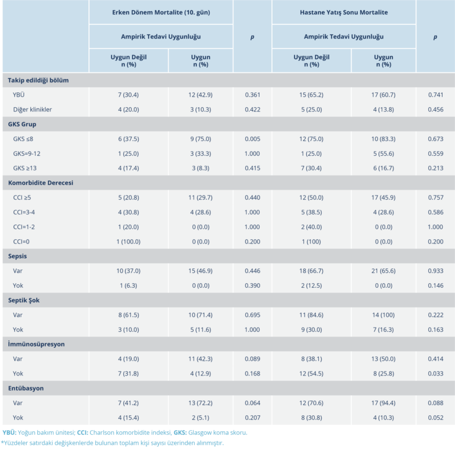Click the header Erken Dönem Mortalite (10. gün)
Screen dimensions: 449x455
coord(161,12)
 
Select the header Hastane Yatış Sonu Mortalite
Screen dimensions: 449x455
coord(344,12)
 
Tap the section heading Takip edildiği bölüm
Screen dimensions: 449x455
coord(40,80)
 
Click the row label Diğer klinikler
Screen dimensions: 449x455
coord(33,110)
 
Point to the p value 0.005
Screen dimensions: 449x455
coord(252,139)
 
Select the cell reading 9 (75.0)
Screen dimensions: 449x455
coord(200,139)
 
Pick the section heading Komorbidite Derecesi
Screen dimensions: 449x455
coord(40,183)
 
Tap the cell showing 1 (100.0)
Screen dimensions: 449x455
coord(129,242)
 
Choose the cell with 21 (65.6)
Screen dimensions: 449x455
coord(383,271)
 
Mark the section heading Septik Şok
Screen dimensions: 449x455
coord(24,300)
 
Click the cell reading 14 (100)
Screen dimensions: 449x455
coord(383,315)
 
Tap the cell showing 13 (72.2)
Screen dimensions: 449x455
coord(200,403)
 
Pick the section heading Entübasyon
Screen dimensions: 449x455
coord(26,389)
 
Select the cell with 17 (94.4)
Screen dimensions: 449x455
coord(383,403)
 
